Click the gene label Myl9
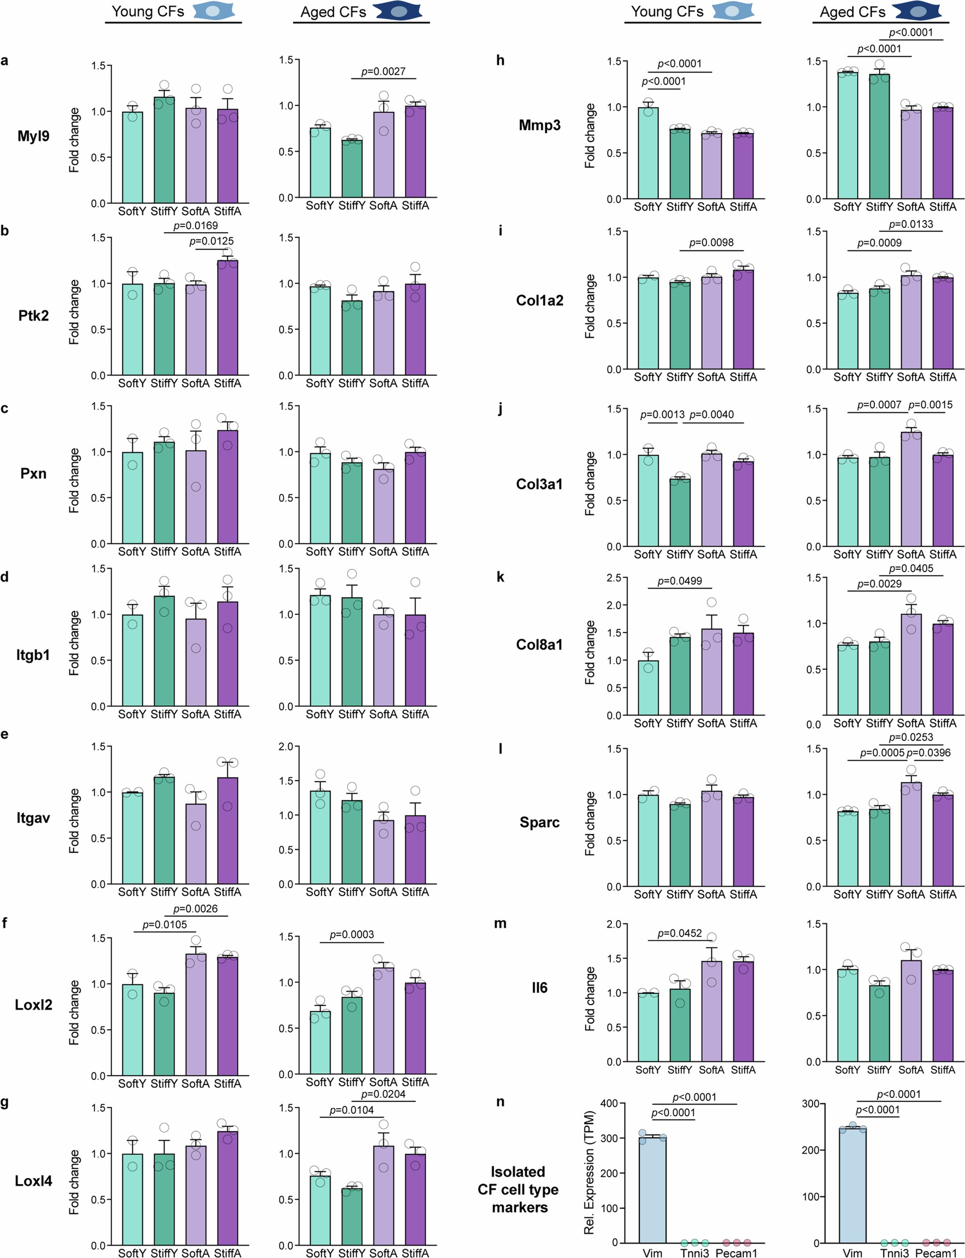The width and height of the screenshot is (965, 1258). coord(33,136)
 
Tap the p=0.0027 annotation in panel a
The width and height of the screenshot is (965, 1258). coord(383,71)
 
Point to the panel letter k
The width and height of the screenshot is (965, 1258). coord(500,576)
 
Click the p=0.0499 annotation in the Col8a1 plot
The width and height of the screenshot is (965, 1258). coord(679,581)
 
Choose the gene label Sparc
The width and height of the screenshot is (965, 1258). coord(539,822)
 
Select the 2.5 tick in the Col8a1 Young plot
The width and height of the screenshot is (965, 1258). coord(614,578)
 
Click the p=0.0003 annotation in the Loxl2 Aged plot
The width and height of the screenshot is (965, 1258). coord(352,935)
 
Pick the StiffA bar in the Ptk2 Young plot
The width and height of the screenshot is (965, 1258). coord(227,318)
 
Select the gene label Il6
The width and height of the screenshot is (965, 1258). coord(539,988)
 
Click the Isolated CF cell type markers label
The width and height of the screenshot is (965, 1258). coord(518,1189)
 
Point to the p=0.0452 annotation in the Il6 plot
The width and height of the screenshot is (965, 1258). coord(679,933)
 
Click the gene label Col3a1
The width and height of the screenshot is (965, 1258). coord(539,484)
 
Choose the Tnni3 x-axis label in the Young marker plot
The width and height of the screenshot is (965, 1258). coord(695,1253)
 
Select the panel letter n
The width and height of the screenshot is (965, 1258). coord(500,1101)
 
